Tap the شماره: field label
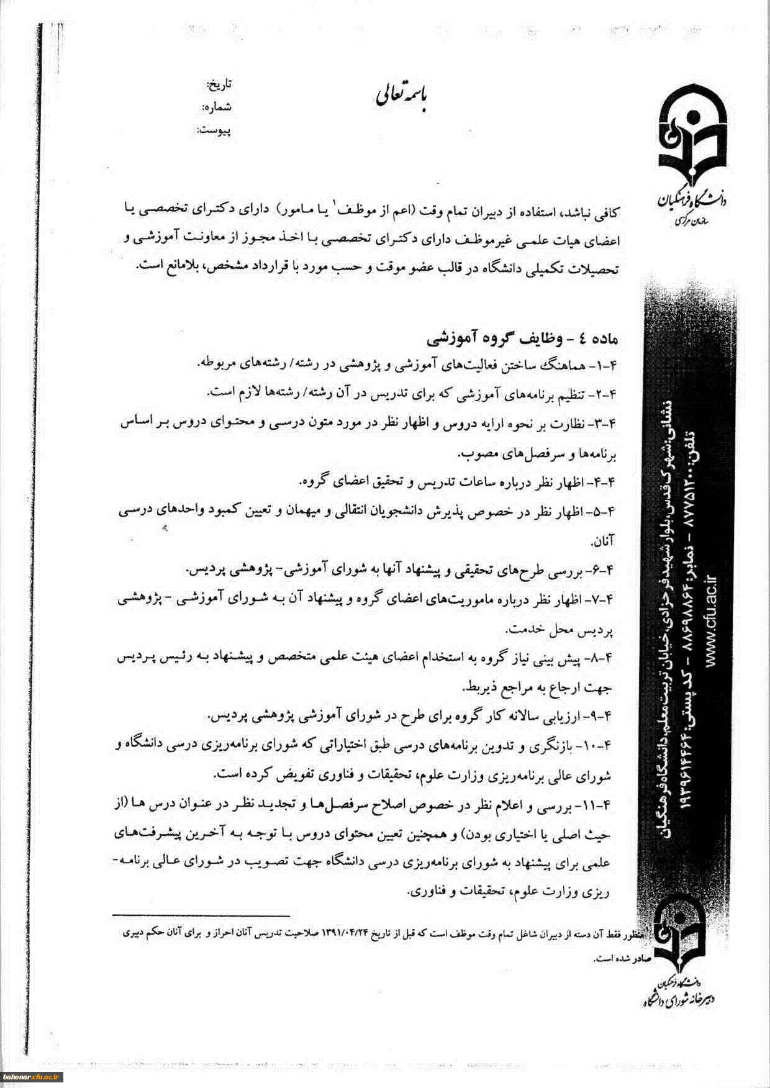pyautogui.click(x=217, y=107)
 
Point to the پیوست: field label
pyautogui.click(x=214, y=130)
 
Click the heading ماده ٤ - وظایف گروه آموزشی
pyautogui.click(x=521, y=339)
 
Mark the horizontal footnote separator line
pyautogui.click(x=201, y=915)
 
